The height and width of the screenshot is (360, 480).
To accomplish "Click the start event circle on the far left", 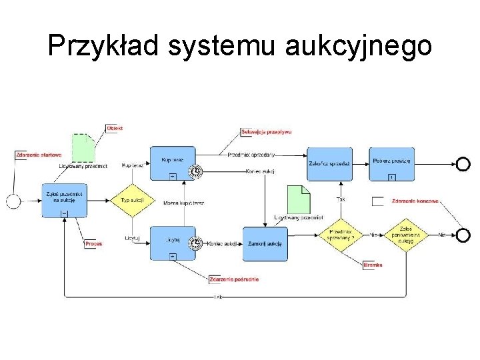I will coord(13,200).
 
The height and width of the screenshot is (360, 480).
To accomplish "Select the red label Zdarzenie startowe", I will coord(39,155).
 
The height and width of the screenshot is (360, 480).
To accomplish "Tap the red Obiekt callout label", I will coord(115,128).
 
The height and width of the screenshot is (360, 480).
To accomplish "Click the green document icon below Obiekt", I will coord(83,148).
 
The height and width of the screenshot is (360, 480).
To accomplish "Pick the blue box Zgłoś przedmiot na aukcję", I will coord(64,200).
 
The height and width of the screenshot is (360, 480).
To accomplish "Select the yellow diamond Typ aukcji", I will coord(129,200).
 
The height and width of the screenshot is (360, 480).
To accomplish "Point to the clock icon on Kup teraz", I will coord(195,172).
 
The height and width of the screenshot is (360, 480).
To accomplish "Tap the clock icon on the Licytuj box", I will coord(195,243).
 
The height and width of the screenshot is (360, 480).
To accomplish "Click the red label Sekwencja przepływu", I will coord(266,132).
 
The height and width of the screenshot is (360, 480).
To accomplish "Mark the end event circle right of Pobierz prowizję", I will coord(463,164).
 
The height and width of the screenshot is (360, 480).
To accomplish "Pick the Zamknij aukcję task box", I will coord(265,243).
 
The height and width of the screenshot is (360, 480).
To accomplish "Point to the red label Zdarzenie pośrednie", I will coord(233,279).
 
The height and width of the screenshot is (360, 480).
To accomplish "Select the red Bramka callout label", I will coord(373,265).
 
